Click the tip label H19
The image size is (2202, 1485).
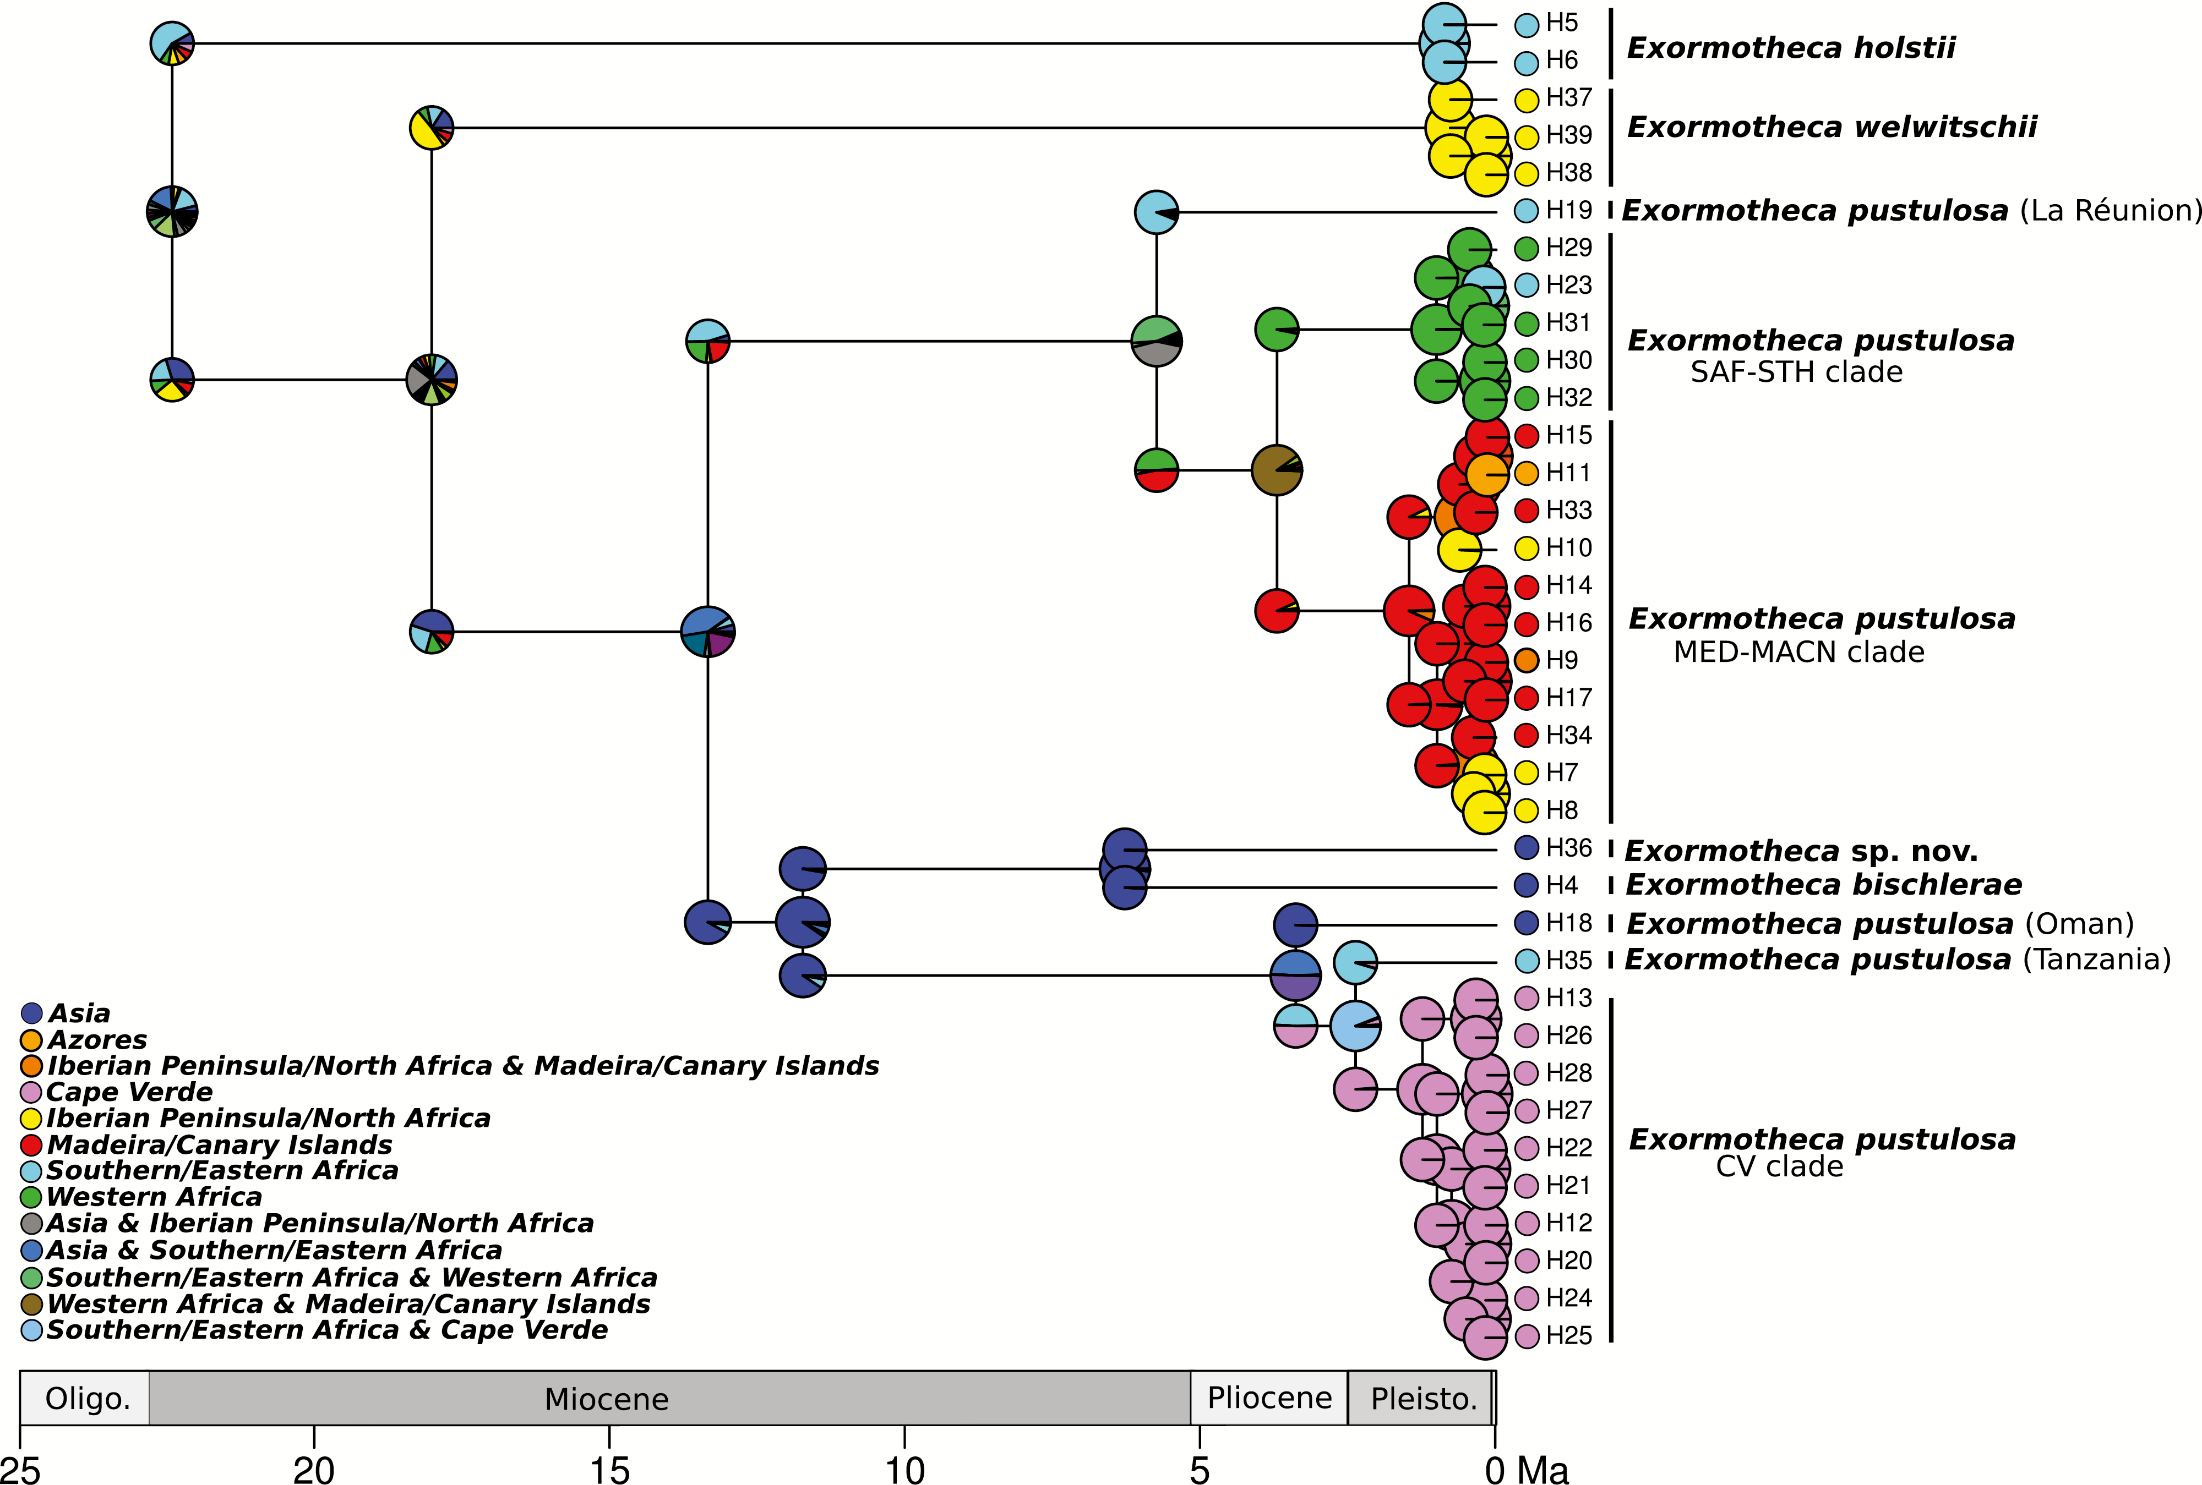click(x=1568, y=210)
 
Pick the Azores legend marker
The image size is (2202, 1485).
click(x=31, y=1040)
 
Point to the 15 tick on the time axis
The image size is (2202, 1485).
click(x=609, y=1468)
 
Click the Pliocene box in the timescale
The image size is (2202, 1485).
click(x=1269, y=1398)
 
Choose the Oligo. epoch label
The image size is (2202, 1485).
click(x=87, y=1399)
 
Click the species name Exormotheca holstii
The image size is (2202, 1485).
click(x=1791, y=47)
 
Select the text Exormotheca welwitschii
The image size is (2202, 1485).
click(x=1832, y=127)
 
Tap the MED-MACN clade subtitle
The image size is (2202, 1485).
click(x=1798, y=653)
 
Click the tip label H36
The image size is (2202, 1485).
click(x=1568, y=848)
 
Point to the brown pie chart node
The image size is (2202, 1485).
click(x=1276, y=469)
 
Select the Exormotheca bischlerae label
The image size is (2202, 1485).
click(x=1824, y=885)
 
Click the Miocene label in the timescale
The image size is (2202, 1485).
click(x=607, y=1399)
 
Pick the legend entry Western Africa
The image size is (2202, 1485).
click(x=154, y=1197)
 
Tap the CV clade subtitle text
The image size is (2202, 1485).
click(x=1779, y=1167)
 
